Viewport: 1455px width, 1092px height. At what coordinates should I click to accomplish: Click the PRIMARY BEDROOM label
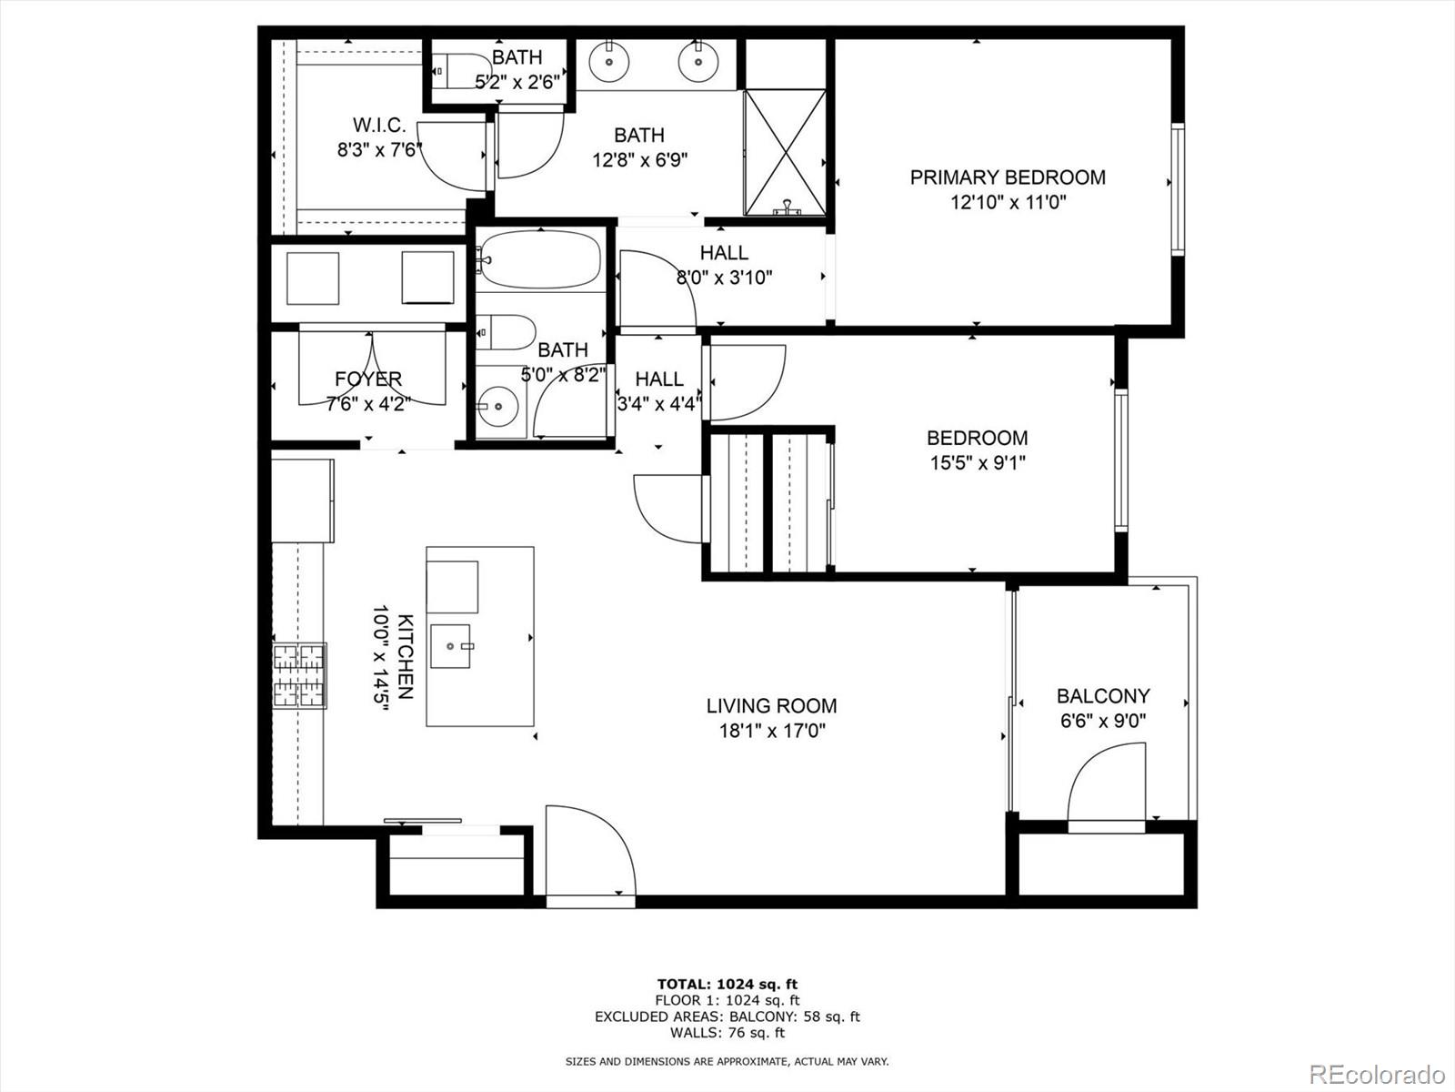coord(1008,177)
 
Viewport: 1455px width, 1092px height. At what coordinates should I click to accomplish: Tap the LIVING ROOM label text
coord(771,705)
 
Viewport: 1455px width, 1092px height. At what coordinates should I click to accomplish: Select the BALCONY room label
coord(1102,696)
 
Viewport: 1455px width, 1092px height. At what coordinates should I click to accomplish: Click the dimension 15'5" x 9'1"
coord(977,462)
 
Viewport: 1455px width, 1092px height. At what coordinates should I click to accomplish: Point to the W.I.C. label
coord(379,126)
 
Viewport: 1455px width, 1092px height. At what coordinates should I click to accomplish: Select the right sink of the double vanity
coord(697,62)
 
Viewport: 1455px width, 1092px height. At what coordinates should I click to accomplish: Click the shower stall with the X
coord(784,152)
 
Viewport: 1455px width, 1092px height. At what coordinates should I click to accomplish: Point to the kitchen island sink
coord(451,645)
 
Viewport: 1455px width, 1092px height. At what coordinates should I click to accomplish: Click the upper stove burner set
coord(300,656)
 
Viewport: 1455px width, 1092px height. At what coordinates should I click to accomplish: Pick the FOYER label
coord(367,379)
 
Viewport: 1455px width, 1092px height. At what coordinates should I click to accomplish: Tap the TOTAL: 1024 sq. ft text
coord(727,984)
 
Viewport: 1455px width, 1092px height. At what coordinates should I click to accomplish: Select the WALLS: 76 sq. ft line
coord(727,1033)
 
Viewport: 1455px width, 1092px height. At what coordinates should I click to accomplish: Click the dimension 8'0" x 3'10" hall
coord(724,278)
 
